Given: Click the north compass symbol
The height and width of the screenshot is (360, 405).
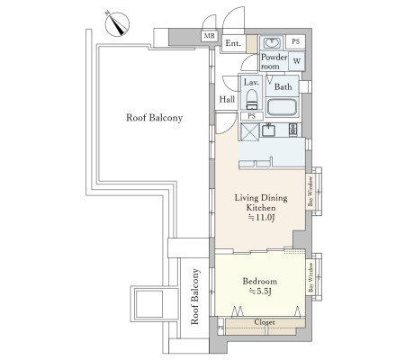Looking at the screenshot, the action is [x=117, y=24].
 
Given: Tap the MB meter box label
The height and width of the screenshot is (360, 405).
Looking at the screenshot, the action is [x=210, y=36].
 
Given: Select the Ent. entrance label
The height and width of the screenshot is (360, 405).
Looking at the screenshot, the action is [x=233, y=43].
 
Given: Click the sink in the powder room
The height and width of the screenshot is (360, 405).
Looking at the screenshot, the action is [x=271, y=43].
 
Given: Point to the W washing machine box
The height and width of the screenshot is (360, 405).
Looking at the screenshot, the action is [x=297, y=61].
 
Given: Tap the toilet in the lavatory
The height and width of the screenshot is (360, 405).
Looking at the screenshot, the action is [x=252, y=99].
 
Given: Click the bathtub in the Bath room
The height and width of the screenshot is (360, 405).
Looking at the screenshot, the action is [x=282, y=107].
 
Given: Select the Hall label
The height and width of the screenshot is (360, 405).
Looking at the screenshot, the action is [x=227, y=99].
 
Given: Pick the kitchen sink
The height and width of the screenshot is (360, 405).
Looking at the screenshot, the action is [x=268, y=130].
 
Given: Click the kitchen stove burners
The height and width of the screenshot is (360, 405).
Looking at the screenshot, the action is [x=292, y=130].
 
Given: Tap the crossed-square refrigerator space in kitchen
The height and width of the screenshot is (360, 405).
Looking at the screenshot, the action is [x=249, y=131].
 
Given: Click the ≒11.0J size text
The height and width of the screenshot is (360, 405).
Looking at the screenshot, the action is [x=261, y=218].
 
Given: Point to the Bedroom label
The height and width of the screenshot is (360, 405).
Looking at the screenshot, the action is [x=260, y=281].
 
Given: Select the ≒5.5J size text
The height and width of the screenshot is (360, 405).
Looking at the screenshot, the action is [x=260, y=291].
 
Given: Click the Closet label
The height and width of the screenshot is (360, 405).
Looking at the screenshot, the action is [x=265, y=322].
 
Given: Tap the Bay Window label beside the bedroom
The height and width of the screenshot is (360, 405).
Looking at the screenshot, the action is [x=310, y=277].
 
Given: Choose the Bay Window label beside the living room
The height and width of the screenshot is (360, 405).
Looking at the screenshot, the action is [x=310, y=192].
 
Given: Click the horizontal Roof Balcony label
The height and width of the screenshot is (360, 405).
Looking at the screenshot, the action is [x=154, y=117].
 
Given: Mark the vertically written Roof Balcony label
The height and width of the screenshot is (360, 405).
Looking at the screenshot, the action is [x=194, y=296].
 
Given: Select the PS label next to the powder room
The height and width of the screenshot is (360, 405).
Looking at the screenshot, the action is [x=296, y=41].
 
